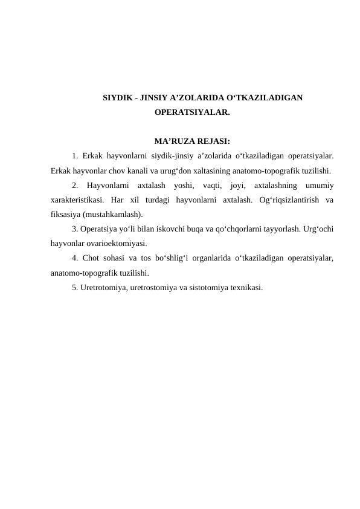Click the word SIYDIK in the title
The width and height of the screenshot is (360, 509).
117,97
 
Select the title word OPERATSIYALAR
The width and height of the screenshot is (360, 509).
191,112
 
